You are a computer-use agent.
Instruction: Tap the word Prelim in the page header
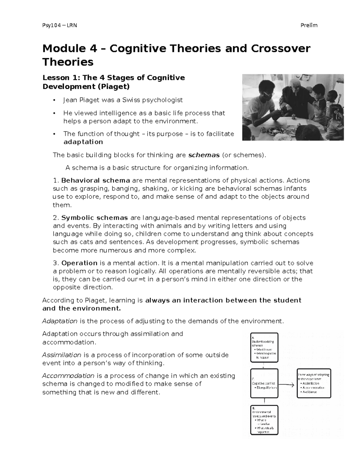click(309, 25)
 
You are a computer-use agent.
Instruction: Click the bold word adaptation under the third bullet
click(83, 142)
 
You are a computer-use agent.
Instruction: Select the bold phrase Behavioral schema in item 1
click(95, 181)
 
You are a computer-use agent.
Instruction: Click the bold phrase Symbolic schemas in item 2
click(94, 218)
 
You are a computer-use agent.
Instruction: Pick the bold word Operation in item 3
click(79, 263)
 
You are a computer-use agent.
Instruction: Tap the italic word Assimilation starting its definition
click(61, 355)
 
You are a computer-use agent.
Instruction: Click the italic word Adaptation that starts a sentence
click(60, 321)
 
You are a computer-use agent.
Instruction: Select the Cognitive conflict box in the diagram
click(264, 383)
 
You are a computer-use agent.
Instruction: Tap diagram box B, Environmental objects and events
click(264, 420)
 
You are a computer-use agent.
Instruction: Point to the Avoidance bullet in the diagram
click(309, 392)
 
